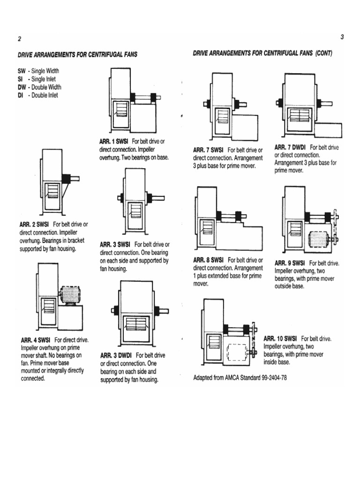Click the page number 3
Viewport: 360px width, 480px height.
(342, 37)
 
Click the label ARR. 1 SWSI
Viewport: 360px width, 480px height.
(114, 142)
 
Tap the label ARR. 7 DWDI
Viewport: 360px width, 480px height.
(290, 148)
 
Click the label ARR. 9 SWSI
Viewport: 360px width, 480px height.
(290, 263)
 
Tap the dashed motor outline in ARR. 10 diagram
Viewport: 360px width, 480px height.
(238, 352)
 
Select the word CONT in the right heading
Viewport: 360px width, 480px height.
(323, 53)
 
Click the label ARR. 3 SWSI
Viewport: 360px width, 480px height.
(116, 245)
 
